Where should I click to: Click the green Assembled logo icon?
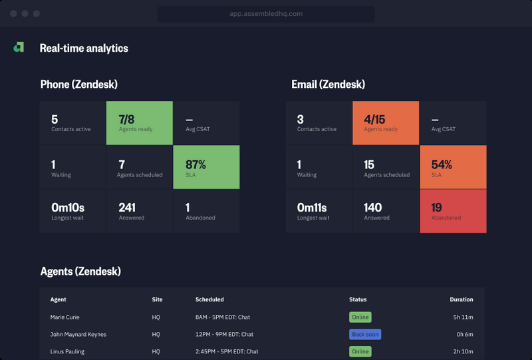(19, 47)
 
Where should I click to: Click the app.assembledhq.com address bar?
(266, 14)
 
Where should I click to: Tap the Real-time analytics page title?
(84, 48)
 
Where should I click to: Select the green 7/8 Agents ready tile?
(139, 123)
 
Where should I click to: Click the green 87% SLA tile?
(205, 168)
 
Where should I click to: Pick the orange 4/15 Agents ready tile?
(386, 123)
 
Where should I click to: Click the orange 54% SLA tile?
(453, 168)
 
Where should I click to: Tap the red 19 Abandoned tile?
(453, 211)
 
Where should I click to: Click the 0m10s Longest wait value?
(68, 207)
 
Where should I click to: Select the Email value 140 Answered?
(372, 207)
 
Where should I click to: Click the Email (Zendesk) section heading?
(328, 85)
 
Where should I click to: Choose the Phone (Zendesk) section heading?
(79, 85)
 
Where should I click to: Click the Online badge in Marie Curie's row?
(360, 317)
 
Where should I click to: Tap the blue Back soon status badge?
(365, 334)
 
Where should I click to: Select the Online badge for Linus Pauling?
(360, 351)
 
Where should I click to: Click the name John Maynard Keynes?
(78, 334)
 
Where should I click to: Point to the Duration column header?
(461, 299)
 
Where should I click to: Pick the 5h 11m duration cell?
(463, 317)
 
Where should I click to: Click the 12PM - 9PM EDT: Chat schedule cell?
(224, 334)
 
